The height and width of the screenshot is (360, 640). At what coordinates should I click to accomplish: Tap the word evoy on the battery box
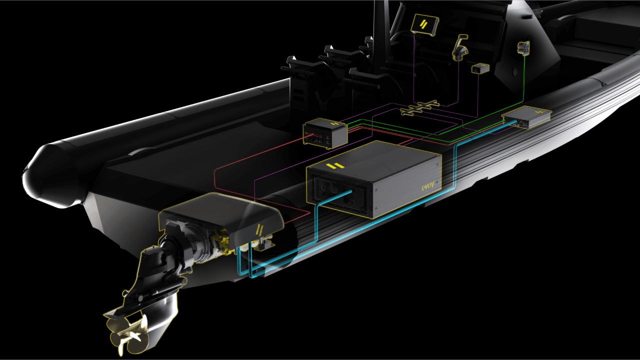(x=427, y=186)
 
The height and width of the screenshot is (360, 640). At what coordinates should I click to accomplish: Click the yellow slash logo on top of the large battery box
(x=335, y=165)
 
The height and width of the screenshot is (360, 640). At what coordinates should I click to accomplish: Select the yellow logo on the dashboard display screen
(x=423, y=24)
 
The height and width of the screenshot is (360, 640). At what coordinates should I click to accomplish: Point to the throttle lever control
(x=459, y=48)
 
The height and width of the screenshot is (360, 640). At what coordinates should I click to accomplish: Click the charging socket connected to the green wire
(x=523, y=47)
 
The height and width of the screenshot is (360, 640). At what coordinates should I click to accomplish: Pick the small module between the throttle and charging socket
(x=480, y=68)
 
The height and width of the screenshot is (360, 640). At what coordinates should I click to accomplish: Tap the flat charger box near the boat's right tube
(x=527, y=117)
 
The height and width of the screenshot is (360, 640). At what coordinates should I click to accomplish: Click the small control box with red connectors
(x=325, y=133)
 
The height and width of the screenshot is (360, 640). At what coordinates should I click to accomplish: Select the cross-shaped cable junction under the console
(x=419, y=107)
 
